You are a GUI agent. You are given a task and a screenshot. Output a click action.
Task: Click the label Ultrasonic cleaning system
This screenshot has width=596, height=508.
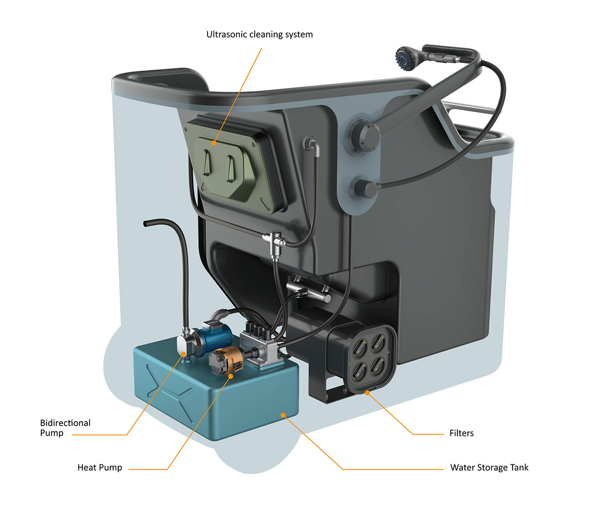tap(259, 35)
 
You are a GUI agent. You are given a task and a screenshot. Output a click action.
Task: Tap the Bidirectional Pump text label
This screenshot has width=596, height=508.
tap(65, 428)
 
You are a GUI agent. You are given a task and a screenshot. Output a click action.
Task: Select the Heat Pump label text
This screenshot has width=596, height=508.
tap(99, 467)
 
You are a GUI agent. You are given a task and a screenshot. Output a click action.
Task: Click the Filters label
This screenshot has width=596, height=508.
tap(461, 433)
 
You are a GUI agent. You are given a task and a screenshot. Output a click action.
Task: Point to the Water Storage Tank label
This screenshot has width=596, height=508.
tap(489, 467)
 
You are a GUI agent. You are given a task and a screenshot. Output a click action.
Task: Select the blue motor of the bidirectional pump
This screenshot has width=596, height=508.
tap(214, 338)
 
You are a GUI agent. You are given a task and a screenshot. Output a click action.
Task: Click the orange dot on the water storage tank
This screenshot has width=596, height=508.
tap(283, 415)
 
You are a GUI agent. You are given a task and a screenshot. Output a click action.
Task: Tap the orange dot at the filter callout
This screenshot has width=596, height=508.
tap(367, 393)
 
